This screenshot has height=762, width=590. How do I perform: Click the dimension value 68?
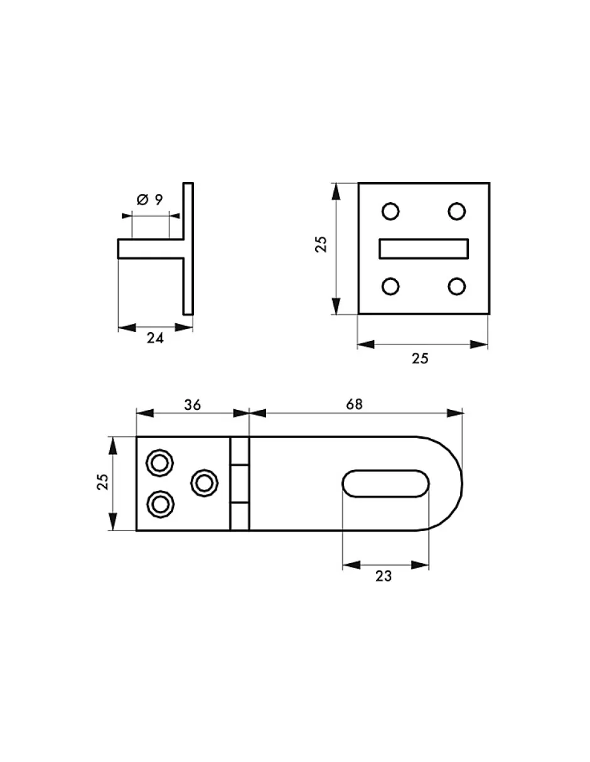(x=354, y=404)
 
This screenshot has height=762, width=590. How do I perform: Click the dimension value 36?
(x=193, y=405)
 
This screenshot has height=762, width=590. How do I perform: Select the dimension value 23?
(x=383, y=576)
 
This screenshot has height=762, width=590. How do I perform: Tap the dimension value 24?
(x=155, y=338)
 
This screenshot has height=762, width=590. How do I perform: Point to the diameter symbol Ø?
(x=142, y=200)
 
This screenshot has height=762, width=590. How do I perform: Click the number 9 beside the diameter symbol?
(x=159, y=200)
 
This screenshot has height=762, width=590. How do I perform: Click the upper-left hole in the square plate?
(x=390, y=212)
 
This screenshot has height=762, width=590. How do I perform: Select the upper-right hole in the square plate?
(x=456, y=212)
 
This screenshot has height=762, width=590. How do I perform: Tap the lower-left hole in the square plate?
(x=390, y=286)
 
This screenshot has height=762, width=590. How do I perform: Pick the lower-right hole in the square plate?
(x=456, y=286)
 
